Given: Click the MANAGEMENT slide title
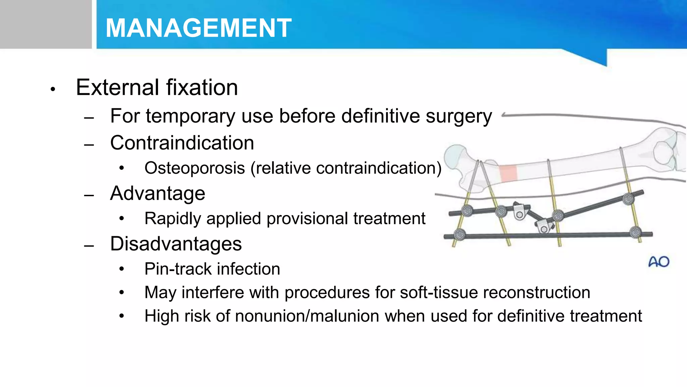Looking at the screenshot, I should tap(198, 28).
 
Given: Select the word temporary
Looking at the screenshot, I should tap(191, 117).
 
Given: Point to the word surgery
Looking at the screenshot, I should tap(459, 117).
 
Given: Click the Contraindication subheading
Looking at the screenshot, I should tap(182, 143).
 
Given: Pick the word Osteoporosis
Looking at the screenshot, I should tap(195, 168).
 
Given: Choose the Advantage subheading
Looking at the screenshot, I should tap(157, 193).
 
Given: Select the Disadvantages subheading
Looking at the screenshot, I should tap(176, 244).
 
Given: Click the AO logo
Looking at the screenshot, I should tap(659, 262).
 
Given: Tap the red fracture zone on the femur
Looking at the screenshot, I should tap(508, 173).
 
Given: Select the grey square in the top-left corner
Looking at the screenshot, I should tap(46, 24).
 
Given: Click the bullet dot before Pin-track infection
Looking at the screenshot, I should tap(122, 269).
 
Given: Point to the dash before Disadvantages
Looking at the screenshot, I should tap(89, 246).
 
